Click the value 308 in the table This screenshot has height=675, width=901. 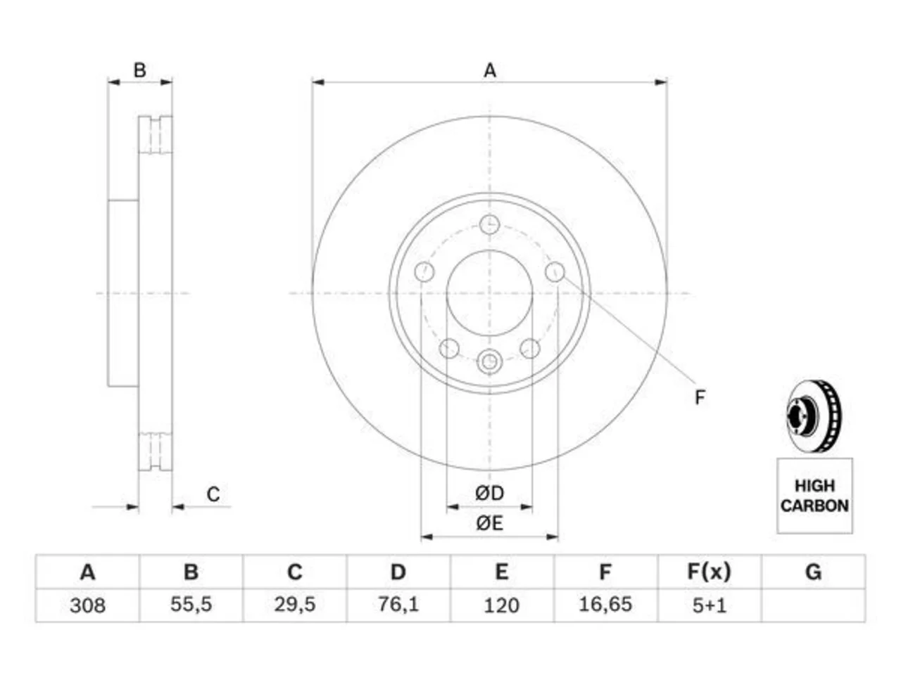(x=87, y=605)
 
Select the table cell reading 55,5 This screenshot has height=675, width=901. (x=191, y=605)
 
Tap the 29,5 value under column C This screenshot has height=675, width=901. (x=295, y=605)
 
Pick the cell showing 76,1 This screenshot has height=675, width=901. (x=398, y=605)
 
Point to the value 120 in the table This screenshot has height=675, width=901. (x=502, y=605)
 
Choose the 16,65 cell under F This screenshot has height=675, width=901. (x=605, y=605)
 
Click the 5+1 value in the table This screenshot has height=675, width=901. (x=710, y=605)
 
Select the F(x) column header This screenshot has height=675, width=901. (x=709, y=572)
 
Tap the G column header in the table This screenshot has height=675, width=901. (x=813, y=572)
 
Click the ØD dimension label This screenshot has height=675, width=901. (x=489, y=493)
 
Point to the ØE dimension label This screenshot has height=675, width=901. (x=489, y=523)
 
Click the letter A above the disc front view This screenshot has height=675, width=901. (x=490, y=70)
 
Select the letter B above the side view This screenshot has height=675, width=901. (x=139, y=70)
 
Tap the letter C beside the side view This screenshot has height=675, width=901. (x=213, y=494)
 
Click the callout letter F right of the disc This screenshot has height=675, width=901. (x=700, y=397)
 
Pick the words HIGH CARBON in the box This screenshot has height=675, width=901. (x=814, y=496)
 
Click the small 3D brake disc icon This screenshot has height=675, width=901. (x=813, y=416)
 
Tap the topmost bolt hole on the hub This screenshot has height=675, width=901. (x=489, y=224)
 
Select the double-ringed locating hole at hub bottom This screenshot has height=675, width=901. (x=489, y=361)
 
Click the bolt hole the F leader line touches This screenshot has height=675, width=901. (x=555, y=271)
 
